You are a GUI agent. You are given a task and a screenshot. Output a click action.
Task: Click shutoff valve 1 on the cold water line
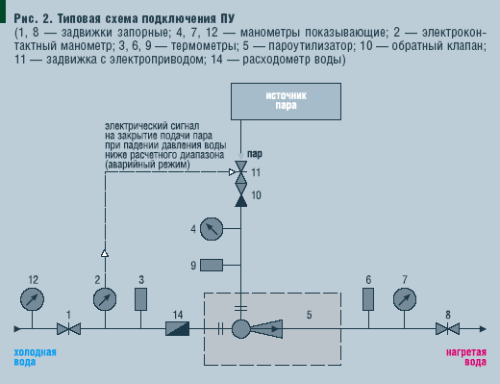pyautogui.click(x=67, y=329)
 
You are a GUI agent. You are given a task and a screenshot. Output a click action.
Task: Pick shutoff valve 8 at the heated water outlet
pyautogui.click(x=444, y=329)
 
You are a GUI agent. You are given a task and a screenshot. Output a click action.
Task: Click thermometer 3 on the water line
pyautogui.click(x=141, y=298)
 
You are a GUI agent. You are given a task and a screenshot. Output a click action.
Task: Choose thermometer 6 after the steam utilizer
pyautogui.click(x=368, y=298)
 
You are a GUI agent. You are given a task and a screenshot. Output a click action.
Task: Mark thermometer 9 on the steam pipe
pyautogui.click(x=211, y=265)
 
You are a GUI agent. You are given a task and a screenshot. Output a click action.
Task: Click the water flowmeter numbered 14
pyautogui.click(x=178, y=329)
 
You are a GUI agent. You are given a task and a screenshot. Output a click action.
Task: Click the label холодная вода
pyautogui.click(x=36, y=357)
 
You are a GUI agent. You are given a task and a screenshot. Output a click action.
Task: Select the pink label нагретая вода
pyautogui.click(x=465, y=357)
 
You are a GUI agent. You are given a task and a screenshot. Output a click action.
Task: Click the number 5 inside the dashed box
pyautogui.click(x=309, y=314)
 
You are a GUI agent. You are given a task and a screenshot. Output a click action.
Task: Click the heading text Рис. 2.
pyautogui.click(x=37, y=18)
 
